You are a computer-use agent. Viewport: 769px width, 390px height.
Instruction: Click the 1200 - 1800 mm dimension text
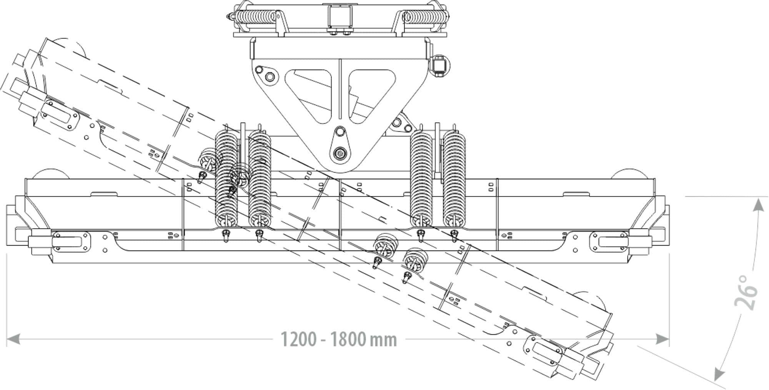[338, 340]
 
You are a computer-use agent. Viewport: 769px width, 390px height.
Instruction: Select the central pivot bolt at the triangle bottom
[340, 153]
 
